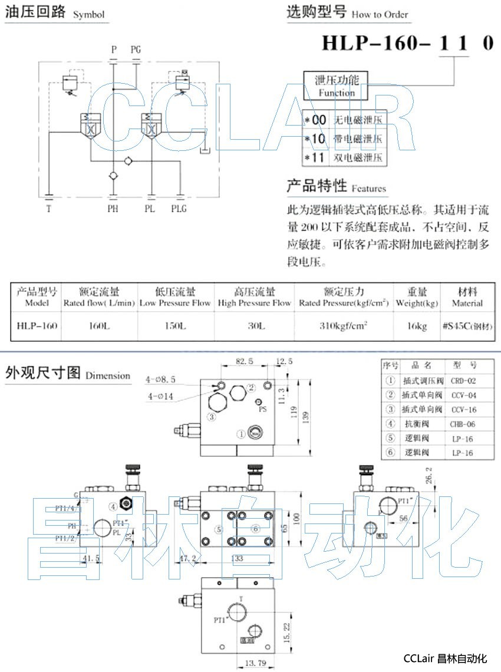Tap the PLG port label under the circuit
point(179,209)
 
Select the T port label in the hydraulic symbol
point(49,209)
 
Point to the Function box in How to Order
point(337,86)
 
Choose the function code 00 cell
point(319,120)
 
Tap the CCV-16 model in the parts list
point(463,410)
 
